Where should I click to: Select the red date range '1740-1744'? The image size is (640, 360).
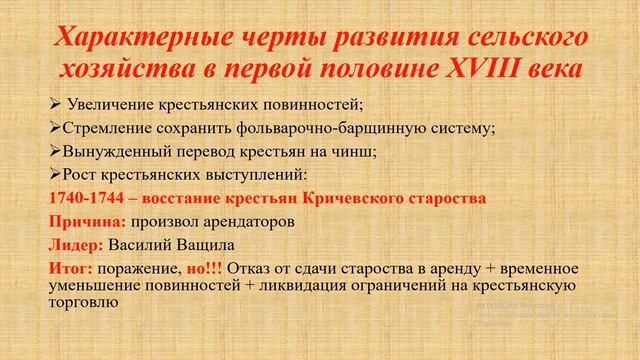pyautogui.click(x=82, y=198)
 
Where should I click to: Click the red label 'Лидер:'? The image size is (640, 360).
pyautogui.click(x=76, y=245)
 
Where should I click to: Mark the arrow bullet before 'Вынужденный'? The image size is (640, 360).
pyautogui.click(x=55, y=151)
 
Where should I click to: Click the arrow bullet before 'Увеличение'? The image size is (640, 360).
pyautogui.click(x=55, y=105)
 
